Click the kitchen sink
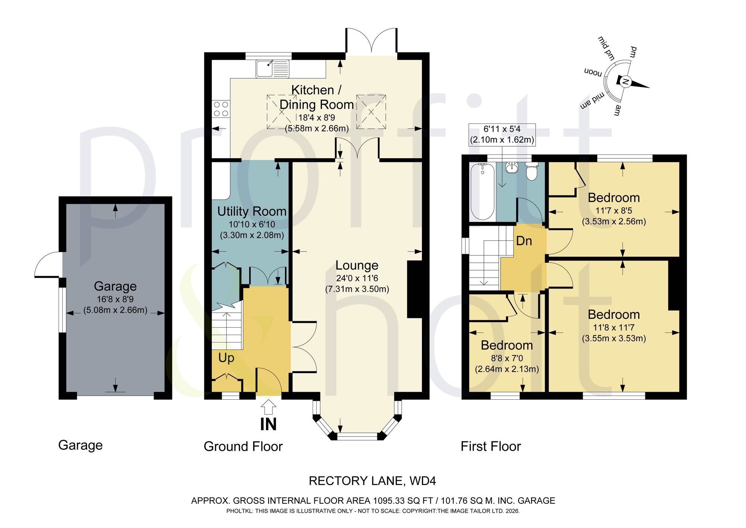(x=272, y=69)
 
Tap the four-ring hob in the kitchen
(x=220, y=109)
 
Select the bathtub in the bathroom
(x=483, y=192)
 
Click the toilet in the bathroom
(x=531, y=171)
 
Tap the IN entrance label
(x=268, y=424)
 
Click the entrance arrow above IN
(x=268, y=407)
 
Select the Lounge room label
(x=357, y=265)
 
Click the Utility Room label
(x=252, y=211)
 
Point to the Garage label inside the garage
(x=115, y=286)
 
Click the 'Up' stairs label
(x=226, y=358)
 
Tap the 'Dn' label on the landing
(x=524, y=241)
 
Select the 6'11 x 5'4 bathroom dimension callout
(x=502, y=134)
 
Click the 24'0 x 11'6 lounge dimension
(x=357, y=278)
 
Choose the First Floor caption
(x=490, y=446)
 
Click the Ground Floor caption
(x=243, y=446)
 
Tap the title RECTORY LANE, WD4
(x=372, y=481)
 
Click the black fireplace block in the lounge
(x=414, y=290)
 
